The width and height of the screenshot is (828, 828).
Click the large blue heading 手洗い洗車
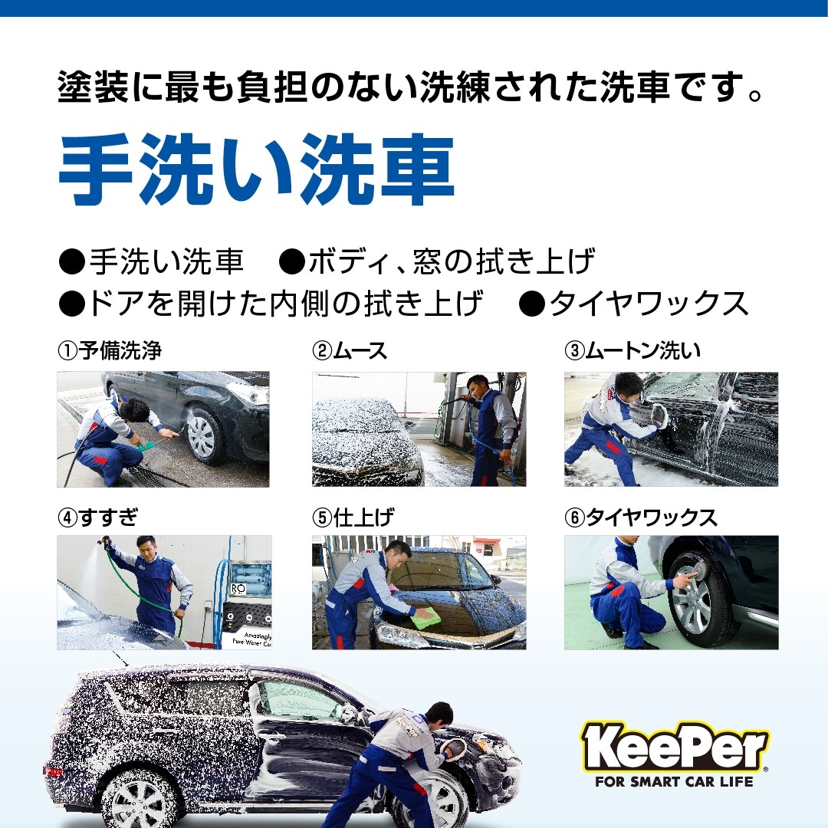click(x=257, y=169)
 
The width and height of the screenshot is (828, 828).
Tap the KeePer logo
click(x=675, y=747)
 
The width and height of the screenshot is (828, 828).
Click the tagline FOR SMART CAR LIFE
click(x=675, y=781)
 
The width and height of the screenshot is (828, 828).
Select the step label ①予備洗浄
click(x=110, y=350)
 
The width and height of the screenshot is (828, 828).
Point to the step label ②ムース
click(x=350, y=350)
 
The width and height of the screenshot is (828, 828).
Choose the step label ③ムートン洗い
click(x=632, y=350)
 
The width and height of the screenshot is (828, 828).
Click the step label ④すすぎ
click(x=97, y=517)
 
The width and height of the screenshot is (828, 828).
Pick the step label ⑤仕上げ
click(x=353, y=517)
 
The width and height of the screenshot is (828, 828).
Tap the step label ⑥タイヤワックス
click(x=640, y=517)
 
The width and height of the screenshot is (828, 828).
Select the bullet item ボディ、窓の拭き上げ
click(x=436, y=261)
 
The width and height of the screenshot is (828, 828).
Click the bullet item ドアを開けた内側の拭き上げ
click(x=271, y=304)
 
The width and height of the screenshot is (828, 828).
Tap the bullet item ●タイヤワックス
click(x=633, y=304)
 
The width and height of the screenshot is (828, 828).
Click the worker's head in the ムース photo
click(x=478, y=387)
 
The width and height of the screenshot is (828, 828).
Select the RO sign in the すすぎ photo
click(x=238, y=589)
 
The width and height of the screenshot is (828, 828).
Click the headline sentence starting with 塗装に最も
click(x=410, y=86)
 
